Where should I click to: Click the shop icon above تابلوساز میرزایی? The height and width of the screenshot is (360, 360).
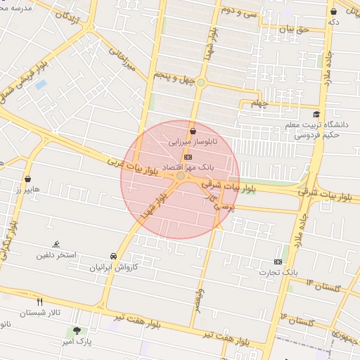(193, 130)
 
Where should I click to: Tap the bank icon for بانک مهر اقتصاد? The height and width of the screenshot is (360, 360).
(187, 157)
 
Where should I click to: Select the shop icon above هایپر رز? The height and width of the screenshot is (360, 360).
(27, 179)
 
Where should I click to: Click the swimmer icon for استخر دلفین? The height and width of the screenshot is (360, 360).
(56, 244)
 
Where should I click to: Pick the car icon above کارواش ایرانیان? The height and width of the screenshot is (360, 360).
(114, 257)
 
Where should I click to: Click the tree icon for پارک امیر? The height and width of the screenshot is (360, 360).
(76, 330)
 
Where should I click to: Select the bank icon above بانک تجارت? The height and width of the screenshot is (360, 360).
(278, 262)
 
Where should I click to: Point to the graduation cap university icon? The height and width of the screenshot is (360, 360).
(316, 114)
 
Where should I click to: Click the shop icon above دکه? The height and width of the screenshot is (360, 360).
(333, 12)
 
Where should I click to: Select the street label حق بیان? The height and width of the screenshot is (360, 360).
(294, 30)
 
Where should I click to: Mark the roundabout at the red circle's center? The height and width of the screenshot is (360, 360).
(181, 176)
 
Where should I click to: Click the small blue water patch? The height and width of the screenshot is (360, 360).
(41, 84)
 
